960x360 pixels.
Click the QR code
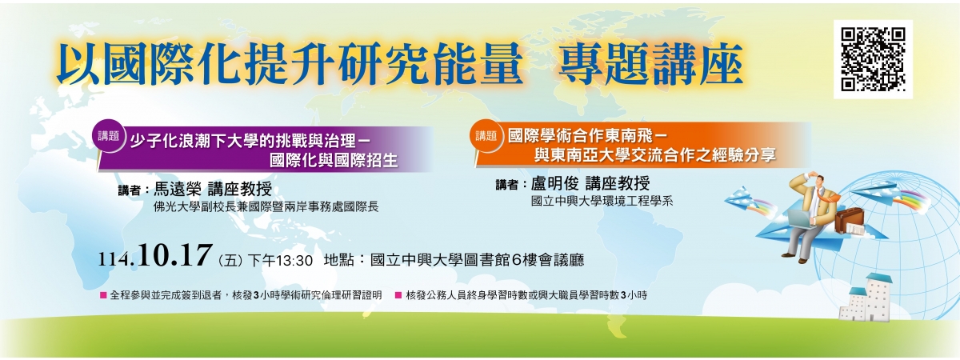pos(873,59)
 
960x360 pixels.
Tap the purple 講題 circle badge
pos(109,135)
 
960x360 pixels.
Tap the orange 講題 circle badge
pos(486,135)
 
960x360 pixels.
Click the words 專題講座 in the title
pos(650,64)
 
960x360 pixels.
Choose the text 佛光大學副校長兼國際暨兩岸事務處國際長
pos(266,207)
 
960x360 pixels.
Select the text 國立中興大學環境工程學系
pos(602,201)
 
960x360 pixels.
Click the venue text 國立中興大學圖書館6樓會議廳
pos(477,260)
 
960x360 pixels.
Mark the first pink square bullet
pos(103,295)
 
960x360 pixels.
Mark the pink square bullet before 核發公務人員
pos(398,295)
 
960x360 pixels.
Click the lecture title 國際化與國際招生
pos(334,161)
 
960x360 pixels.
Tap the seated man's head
pos(815,181)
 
